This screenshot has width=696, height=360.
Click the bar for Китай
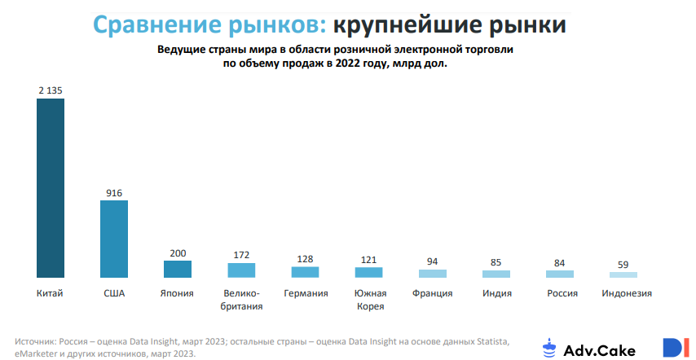coord(51,188)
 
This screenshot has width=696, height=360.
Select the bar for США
coord(114,239)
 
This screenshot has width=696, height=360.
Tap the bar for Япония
coord(178,269)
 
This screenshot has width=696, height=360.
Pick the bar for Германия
coord(305,272)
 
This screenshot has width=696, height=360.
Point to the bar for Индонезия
coord(623,275)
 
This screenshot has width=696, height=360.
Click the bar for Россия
coord(560,274)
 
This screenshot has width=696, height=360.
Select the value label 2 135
coord(51,90)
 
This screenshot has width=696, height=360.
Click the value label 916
coord(114,192)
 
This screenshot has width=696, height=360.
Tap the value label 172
coord(241,254)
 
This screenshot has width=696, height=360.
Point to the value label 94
coord(432,261)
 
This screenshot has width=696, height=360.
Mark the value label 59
coord(623,264)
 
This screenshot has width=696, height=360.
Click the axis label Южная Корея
coord(368,300)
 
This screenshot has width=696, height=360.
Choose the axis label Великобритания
coord(241,300)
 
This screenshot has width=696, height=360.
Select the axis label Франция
coord(432,293)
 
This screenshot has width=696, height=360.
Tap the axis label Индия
coord(496,293)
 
